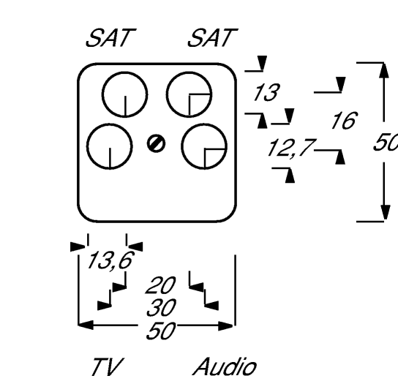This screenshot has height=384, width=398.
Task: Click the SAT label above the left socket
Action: (x=110, y=38)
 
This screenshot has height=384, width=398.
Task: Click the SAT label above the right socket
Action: (x=212, y=38)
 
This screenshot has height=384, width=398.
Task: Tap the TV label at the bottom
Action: (x=108, y=366)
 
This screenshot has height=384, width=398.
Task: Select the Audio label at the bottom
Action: (x=225, y=366)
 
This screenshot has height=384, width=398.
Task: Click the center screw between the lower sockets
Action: (x=156, y=144)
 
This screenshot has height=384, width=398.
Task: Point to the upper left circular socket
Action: (x=125, y=94)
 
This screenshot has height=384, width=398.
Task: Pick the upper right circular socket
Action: (x=189, y=94)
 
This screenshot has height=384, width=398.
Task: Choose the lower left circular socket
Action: (x=110, y=146)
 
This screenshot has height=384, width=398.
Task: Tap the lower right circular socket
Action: (x=204, y=146)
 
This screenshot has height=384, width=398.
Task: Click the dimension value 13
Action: (x=266, y=92)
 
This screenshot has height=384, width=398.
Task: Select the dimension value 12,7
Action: (x=290, y=148)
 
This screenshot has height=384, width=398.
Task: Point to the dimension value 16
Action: (x=345, y=120)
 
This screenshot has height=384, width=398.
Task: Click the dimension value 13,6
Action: (x=110, y=260)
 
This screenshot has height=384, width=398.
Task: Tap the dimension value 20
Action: (x=161, y=285)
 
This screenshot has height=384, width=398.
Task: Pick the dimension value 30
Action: (x=161, y=307)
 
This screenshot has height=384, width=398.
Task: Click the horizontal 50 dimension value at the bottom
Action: (x=161, y=331)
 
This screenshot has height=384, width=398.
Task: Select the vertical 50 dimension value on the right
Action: (x=386, y=142)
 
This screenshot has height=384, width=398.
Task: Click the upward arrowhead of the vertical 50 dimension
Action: (x=385, y=70)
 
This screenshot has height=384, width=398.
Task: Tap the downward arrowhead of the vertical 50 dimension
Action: (x=386, y=212)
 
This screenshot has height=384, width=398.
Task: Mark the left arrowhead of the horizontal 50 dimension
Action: (x=86, y=325)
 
